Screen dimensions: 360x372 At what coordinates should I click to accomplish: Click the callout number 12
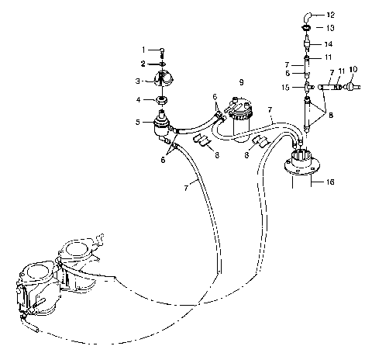331,15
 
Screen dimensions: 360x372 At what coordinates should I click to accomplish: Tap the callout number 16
331,182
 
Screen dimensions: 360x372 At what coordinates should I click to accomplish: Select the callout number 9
241,81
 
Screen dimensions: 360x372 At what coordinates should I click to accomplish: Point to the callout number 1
143,50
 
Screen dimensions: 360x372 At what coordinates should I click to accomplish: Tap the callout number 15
285,88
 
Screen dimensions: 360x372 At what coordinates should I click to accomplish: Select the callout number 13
329,27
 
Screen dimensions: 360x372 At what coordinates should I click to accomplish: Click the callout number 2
143,63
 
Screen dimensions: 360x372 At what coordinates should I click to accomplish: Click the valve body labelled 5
161,123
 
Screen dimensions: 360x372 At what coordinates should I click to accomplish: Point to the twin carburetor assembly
54,275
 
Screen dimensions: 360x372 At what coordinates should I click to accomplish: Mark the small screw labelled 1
162,51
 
